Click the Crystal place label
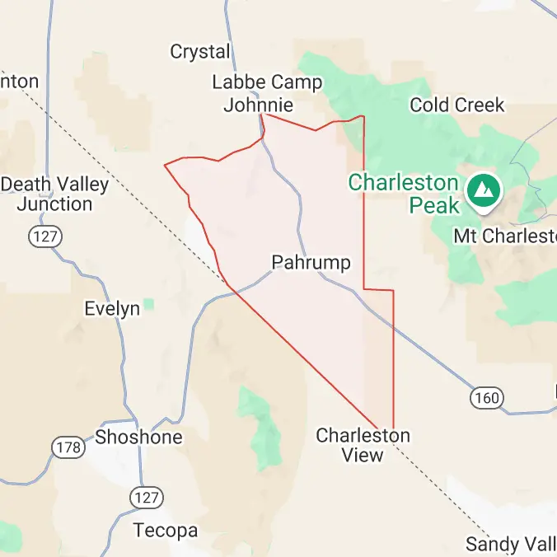(x=200, y=52)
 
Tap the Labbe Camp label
(x=267, y=82)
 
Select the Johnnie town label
(x=258, y=105)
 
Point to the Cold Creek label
(x=456, y=105)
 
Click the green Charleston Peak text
(x=404, y=193)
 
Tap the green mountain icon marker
(x=482, y=190)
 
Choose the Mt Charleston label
(x=505, y=236)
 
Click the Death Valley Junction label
(x=54, y=194)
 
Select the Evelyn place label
(x=112, y=309)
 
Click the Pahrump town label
(x=311, y=263)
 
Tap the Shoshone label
(x=138, y=437)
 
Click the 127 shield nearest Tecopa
(x=147, y=497)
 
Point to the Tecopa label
(x=166, y=531)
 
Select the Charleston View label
(x=363, y=445)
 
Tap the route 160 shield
(x=486, y=398)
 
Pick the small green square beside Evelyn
(x=148, y=305)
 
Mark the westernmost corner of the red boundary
(x=165, y=165)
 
